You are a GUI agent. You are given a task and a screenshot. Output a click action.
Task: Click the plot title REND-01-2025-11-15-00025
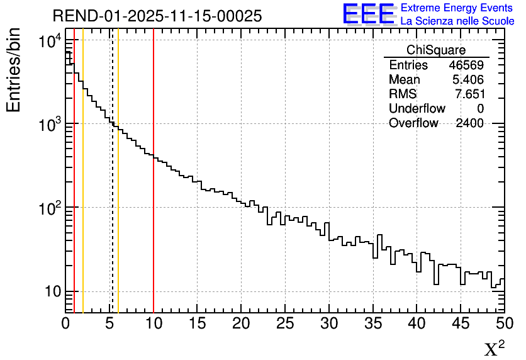click(157, 16)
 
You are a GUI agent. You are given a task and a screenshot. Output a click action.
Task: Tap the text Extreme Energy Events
click(457, 8)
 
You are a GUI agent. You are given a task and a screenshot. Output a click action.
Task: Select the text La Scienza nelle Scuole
click(457, 21)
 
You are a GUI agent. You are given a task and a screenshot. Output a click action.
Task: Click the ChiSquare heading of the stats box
click(436, 50)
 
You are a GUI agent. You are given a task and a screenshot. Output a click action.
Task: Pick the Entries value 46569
click(466, 65)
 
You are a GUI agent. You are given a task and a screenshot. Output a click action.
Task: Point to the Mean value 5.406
click(468, 80)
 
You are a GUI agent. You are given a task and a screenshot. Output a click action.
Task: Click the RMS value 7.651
click(469, 94)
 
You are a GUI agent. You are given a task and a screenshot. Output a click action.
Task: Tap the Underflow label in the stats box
click(417, 109)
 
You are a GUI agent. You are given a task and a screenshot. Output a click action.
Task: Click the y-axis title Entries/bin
click(14, 70)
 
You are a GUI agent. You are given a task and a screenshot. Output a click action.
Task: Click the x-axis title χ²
click(494, 349)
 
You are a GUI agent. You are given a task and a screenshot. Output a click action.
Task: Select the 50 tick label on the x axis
click(503, 324)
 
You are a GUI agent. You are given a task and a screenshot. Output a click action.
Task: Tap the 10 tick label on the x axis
click(154, 324)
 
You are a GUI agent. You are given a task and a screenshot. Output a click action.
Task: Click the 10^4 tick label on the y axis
click(50, 43)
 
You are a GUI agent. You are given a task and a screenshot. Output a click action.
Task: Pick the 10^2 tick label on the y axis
click(50, 208)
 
